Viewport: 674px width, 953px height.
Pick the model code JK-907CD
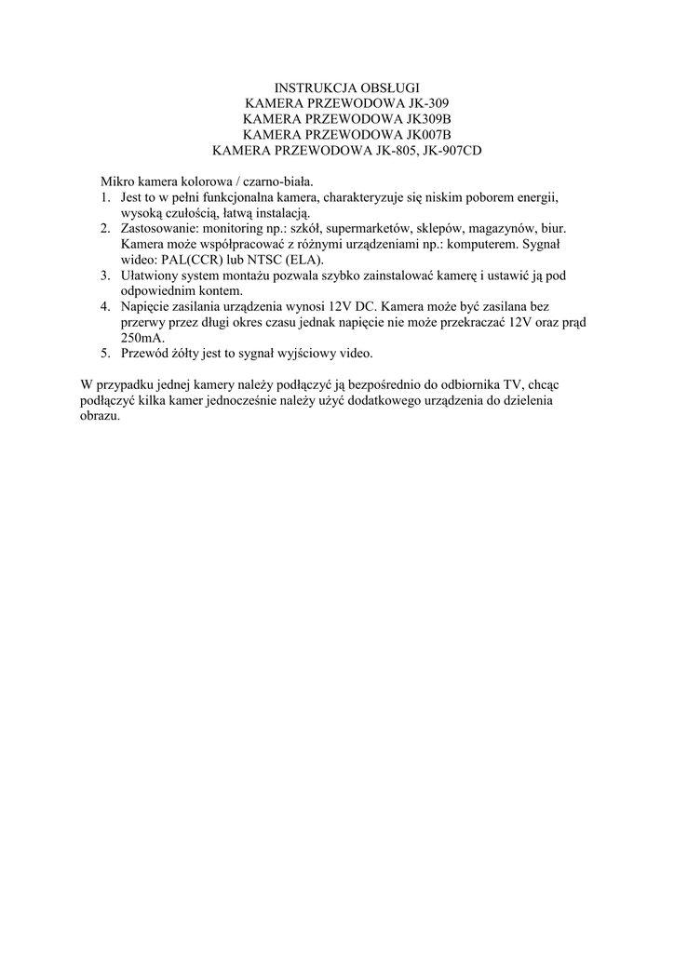pos(452,151)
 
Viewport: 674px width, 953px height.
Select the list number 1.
pos(105,198)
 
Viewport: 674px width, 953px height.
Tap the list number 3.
pos(105,275)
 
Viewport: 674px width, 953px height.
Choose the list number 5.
pos(105,354)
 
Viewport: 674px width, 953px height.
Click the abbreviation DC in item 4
pos(364,307)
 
